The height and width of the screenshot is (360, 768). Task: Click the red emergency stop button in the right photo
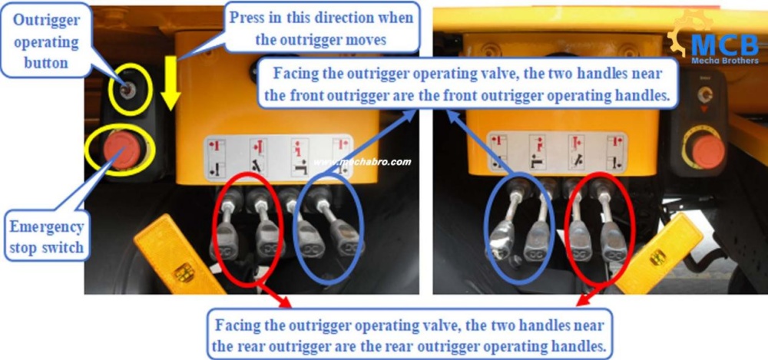point(707,151)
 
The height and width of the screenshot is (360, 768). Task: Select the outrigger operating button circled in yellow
point(128,90)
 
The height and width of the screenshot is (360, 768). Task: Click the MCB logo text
point(725,45)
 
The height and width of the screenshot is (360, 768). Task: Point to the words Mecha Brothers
point(725,61)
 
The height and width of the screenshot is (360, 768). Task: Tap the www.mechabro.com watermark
point(362,162)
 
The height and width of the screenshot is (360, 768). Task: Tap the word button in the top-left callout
point(47,63)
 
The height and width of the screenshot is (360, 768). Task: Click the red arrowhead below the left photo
point(284,302)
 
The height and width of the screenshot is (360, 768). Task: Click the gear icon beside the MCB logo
point(684,35)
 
